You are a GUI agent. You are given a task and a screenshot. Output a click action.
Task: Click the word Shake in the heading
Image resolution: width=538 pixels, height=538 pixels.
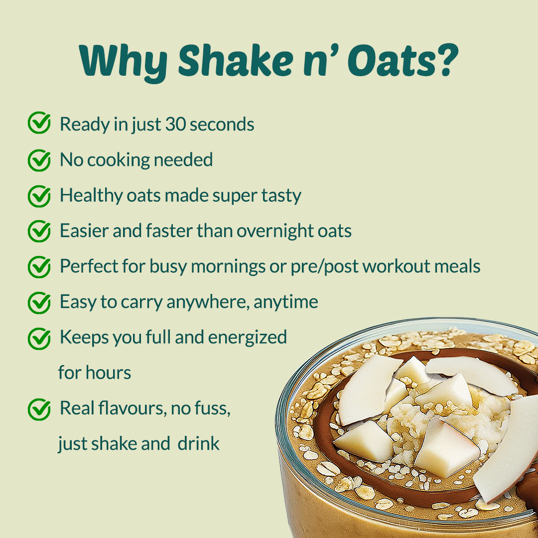click(x=235, y=60)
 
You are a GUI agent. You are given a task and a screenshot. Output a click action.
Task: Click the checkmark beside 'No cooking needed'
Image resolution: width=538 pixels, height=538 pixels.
click(x=39, y=160)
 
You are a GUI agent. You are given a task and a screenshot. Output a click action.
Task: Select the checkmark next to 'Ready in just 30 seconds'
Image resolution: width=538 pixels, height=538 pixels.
click(x=39, y=123)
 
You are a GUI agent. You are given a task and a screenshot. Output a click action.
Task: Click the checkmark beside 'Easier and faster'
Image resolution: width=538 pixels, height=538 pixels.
click(x=39, y=231)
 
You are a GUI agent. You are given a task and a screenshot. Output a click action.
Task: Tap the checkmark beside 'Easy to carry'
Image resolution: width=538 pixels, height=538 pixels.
click(x=39, y=303)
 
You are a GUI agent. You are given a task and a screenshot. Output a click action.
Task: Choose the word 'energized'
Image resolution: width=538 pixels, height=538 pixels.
click(x=247, y=338)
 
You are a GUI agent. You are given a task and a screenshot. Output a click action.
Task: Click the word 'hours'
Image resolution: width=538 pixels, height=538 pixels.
click(x=108, y=372)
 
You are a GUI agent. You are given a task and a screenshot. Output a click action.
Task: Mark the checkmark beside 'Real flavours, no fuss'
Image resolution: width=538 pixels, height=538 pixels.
click(x=39, y=409)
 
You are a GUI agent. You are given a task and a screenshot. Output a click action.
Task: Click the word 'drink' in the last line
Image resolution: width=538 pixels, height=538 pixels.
click(x=198, y=443)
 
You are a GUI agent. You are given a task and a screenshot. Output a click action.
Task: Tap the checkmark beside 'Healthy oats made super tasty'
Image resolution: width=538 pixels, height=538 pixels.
click(x=39, y=196)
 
